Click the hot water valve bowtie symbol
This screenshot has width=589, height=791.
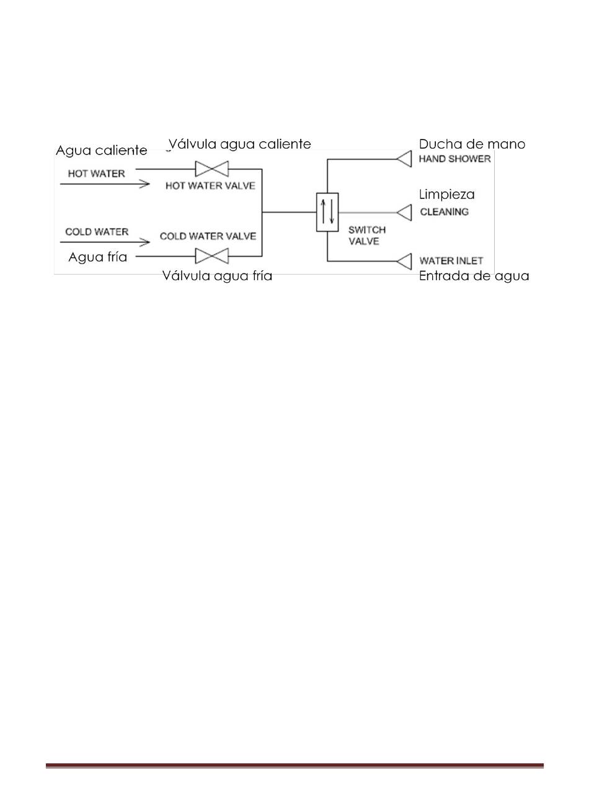(211, 169)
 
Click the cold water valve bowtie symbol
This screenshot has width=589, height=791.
(211, 256)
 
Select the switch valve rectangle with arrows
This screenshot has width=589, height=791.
(327, 212)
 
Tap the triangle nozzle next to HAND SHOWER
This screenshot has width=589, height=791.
(404, 159)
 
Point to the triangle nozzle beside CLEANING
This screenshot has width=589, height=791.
(404, 213)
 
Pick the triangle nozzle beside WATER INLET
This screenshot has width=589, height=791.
(404, 262)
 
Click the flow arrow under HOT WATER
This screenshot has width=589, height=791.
(105, 184)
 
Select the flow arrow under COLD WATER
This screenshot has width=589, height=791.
(105, 242)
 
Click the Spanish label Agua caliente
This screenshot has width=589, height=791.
(101, 150)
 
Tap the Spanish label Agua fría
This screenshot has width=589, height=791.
(98, 257)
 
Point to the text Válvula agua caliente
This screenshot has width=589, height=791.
(240, 144)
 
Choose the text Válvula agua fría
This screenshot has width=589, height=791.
(217, 276)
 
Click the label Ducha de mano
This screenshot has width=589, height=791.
(472, 144)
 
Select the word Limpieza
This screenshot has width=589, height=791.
(446, 195)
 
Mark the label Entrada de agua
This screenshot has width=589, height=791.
(474, 276)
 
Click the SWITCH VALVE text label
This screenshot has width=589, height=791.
(367, 236)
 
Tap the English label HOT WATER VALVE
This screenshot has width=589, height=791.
(210, 185)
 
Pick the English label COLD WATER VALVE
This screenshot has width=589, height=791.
(208, 236)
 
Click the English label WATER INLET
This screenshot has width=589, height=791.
(451, 261)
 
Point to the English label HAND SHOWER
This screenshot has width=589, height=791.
(455, 159)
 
